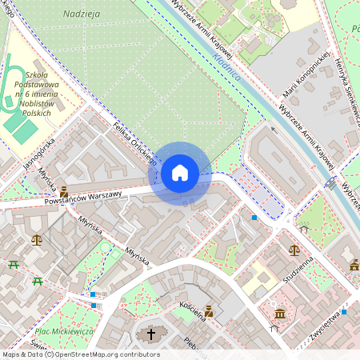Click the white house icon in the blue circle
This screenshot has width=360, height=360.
click(180, 173)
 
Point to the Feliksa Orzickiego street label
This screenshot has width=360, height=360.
click(134, 144)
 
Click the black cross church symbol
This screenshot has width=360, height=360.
click(150, 334)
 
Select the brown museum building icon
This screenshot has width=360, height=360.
click(280, 314)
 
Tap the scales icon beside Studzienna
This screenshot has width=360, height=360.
click(294, 250)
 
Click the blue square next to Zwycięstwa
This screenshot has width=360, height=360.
click(345, 312)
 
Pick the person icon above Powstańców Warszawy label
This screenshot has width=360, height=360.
click(64, 191)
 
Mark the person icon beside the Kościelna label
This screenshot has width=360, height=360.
click(209, 311)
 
